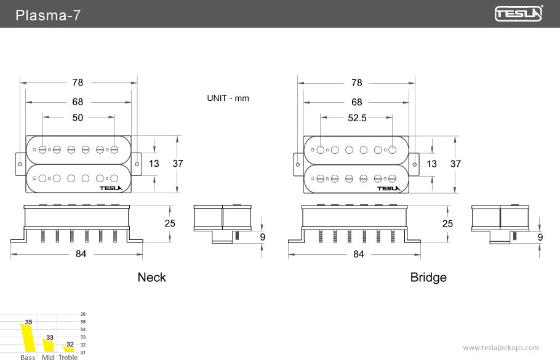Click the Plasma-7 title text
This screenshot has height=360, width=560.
[x=48, y=15]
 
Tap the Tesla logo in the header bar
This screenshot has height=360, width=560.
[x=519, y=14]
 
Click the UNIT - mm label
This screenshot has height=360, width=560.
[x=228, y=98]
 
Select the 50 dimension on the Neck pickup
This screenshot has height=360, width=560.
[x=78, y=118]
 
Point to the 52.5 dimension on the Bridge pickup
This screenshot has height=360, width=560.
[x=357, y=118]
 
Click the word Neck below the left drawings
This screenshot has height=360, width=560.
[x=152, y=278]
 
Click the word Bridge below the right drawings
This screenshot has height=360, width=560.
[x=428, y=278]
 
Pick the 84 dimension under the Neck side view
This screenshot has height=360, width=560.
[x=81, y=254]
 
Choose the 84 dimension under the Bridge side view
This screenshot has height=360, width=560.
[x=359, y=254]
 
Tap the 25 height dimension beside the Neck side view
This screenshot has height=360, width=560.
[x=170, y=223]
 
